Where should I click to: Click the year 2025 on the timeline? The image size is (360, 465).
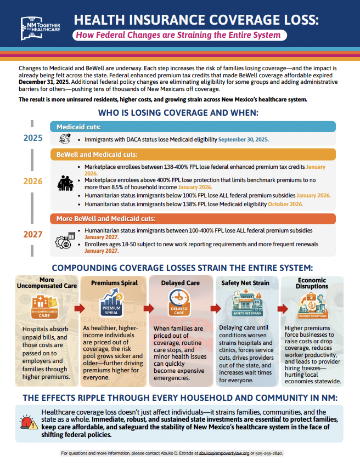[x=33, y=138]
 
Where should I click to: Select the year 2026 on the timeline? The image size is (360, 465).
[x=33, y=181]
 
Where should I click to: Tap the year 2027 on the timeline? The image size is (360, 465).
[x=33, y=235]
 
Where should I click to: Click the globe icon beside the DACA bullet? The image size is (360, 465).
[x=65, y=139]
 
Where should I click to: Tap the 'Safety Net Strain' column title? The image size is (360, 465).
[x=246, y=283]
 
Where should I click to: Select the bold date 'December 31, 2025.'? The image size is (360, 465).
[x=42, y=81]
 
